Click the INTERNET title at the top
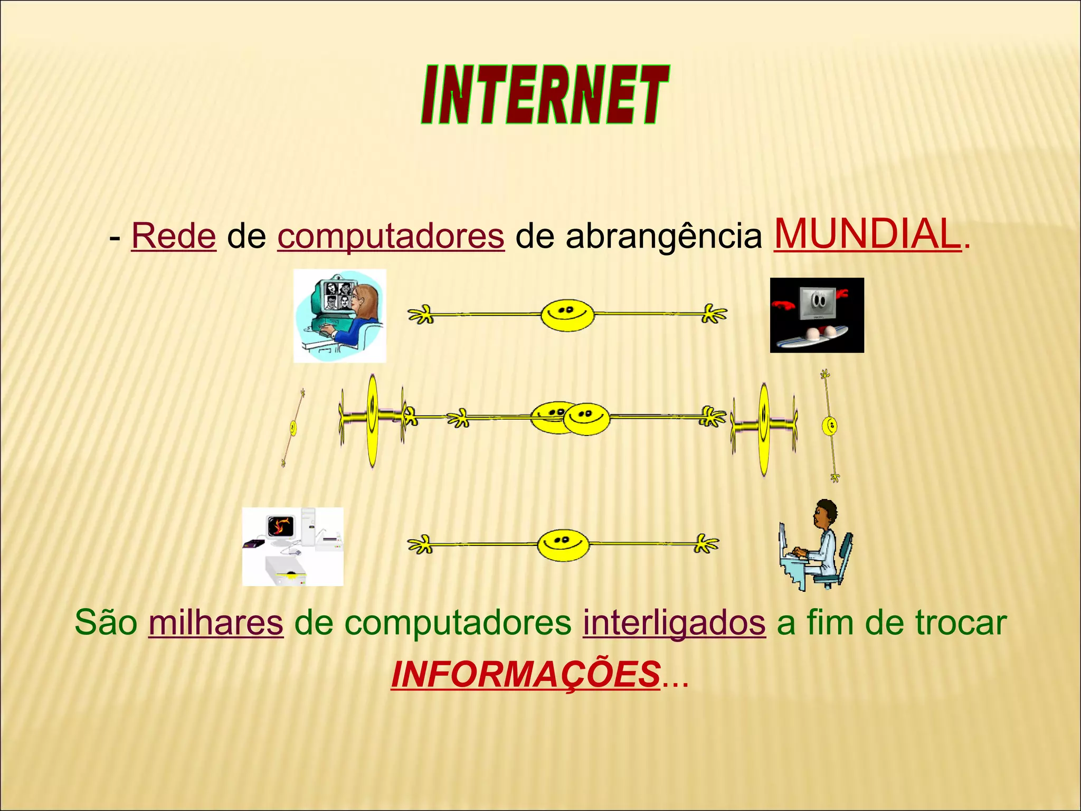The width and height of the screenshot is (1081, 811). (x=545, y=96)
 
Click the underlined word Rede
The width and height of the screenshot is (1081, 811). (x=174, y=235)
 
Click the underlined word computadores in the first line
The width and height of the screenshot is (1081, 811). (x=391, y=236)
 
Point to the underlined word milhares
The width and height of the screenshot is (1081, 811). (x=216, y=623)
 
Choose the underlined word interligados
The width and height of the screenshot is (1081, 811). (x=674, y=623)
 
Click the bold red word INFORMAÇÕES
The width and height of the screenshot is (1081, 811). (x=526, y=674)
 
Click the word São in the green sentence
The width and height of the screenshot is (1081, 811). (x=106, y=623)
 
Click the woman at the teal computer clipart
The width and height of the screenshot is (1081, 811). (x=340, y=316)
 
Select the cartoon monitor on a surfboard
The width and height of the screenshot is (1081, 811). (x=817, y=315)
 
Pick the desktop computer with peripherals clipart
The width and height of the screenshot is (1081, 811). (x=292, y=546)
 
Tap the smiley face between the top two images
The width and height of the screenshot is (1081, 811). (x=567, y=315)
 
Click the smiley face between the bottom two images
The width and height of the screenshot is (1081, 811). (x=563, y=544)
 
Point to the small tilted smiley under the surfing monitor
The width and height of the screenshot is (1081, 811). (x=830, y=426)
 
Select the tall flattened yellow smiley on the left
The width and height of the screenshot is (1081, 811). (x=373, y=420)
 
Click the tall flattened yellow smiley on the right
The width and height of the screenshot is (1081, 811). (x=764, y=429)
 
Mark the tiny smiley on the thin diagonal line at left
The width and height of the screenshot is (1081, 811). (x=293, y=427)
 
